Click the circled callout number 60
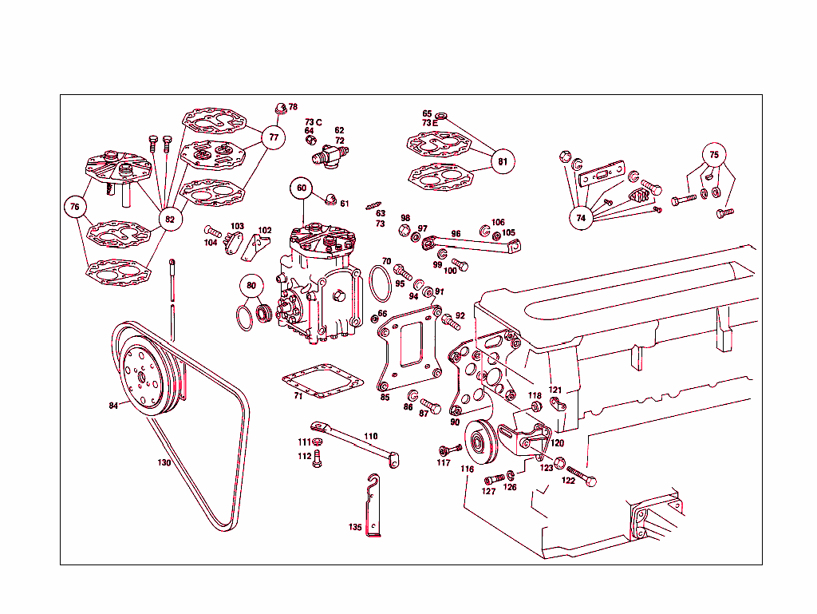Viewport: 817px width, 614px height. coord(302,188)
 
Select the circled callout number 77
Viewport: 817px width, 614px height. coord(274,137)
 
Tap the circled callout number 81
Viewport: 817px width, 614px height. coord(502,161)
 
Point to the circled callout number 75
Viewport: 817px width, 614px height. coord(714,154)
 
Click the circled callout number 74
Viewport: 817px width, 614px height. coord(581,217)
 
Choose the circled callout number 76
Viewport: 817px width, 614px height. coord(75,207)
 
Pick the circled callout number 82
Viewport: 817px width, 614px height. coord(169,218)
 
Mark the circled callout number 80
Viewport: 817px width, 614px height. coord(251,286)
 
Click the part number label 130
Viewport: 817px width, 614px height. coord(164,462)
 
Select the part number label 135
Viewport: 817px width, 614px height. coord(355,527)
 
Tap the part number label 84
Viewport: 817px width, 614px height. coord(114,406)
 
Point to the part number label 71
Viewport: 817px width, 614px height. coord(298,395)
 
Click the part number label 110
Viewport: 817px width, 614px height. coord(371,436)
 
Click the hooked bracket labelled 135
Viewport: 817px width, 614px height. coord(372,507)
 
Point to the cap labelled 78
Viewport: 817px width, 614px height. coord(279,107)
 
